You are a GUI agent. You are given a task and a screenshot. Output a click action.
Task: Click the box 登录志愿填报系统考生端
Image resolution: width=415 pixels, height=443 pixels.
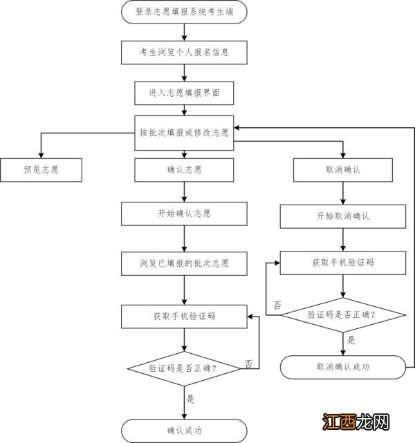click(x=184, y=12)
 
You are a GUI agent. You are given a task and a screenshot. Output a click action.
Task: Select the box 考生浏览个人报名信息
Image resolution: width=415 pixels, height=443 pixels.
click(x=184, y=52)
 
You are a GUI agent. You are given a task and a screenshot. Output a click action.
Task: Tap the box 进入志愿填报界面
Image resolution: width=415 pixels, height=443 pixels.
click(x=184, y=91)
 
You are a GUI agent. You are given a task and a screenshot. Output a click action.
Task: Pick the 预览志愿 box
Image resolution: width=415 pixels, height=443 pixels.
click(x=41, y=169)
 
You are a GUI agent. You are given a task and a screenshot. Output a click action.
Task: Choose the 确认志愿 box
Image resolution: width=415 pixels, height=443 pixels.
click(x=184, y=169)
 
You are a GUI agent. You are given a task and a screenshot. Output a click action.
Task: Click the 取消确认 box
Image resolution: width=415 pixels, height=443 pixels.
click(x=342, y=169)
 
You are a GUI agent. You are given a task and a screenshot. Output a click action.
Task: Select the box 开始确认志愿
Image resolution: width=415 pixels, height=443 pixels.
click(x=184, y=214)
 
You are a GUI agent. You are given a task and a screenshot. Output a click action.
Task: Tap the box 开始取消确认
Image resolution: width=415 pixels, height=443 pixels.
click(x=342, y=216)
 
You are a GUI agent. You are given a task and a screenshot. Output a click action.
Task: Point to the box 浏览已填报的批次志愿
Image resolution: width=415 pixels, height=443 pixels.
click(x=184, y=263)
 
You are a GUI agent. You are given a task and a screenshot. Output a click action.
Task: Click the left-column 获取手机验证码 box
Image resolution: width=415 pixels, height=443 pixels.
click(x=184, y=316)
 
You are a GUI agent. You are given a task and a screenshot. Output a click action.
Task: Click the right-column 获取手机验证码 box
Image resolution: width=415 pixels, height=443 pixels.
click(x=342, y=263)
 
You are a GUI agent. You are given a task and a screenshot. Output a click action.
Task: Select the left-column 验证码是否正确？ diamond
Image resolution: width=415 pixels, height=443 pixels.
click(x=184, y=368)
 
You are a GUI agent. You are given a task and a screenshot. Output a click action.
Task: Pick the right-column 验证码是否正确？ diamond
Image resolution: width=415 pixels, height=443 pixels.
click(x=342, y=315)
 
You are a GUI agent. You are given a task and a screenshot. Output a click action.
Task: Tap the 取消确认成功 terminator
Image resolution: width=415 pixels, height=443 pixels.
click(x=342, y=367)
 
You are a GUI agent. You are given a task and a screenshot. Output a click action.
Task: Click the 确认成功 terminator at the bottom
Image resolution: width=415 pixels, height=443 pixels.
click(x=184, y=430)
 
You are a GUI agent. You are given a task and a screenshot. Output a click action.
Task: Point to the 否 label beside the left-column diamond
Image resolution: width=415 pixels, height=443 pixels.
click(x=248, y=363)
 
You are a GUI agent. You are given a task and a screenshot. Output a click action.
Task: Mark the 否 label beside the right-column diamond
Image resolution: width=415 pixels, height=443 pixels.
click(x=277, y=305)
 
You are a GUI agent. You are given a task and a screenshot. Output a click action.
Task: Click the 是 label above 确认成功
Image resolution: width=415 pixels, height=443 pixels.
click(x=191, y=399)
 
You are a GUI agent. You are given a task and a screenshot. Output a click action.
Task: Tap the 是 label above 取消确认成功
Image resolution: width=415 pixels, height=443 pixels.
click(x=351, y=340)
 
